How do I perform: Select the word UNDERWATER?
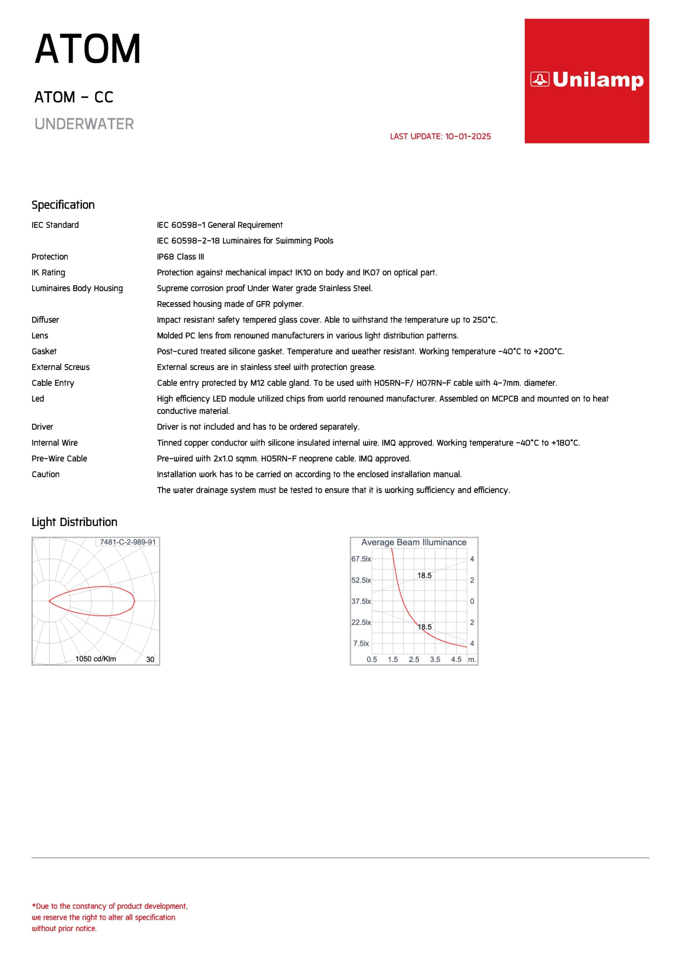tap(84, 124)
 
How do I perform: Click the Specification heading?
tap(63, 205)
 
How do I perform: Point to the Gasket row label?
tap(44, 351)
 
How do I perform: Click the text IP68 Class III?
tap(181, 257)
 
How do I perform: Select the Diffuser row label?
tap(45, 320)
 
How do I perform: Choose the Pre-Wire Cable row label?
tap(59, 459)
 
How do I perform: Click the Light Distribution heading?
tap(74, 522)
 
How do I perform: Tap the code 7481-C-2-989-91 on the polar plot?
tap(128, 542)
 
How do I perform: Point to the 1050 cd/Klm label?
tap(96, 659)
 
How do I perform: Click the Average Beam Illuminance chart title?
tap(414, 542)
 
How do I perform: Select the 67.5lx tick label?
tap(361, 559)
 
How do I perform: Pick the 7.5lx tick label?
tap(361, 643)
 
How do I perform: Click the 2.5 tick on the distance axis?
tap(414, 659)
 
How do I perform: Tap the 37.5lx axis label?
tap(361, 601)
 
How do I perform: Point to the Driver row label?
tap(43, 427)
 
